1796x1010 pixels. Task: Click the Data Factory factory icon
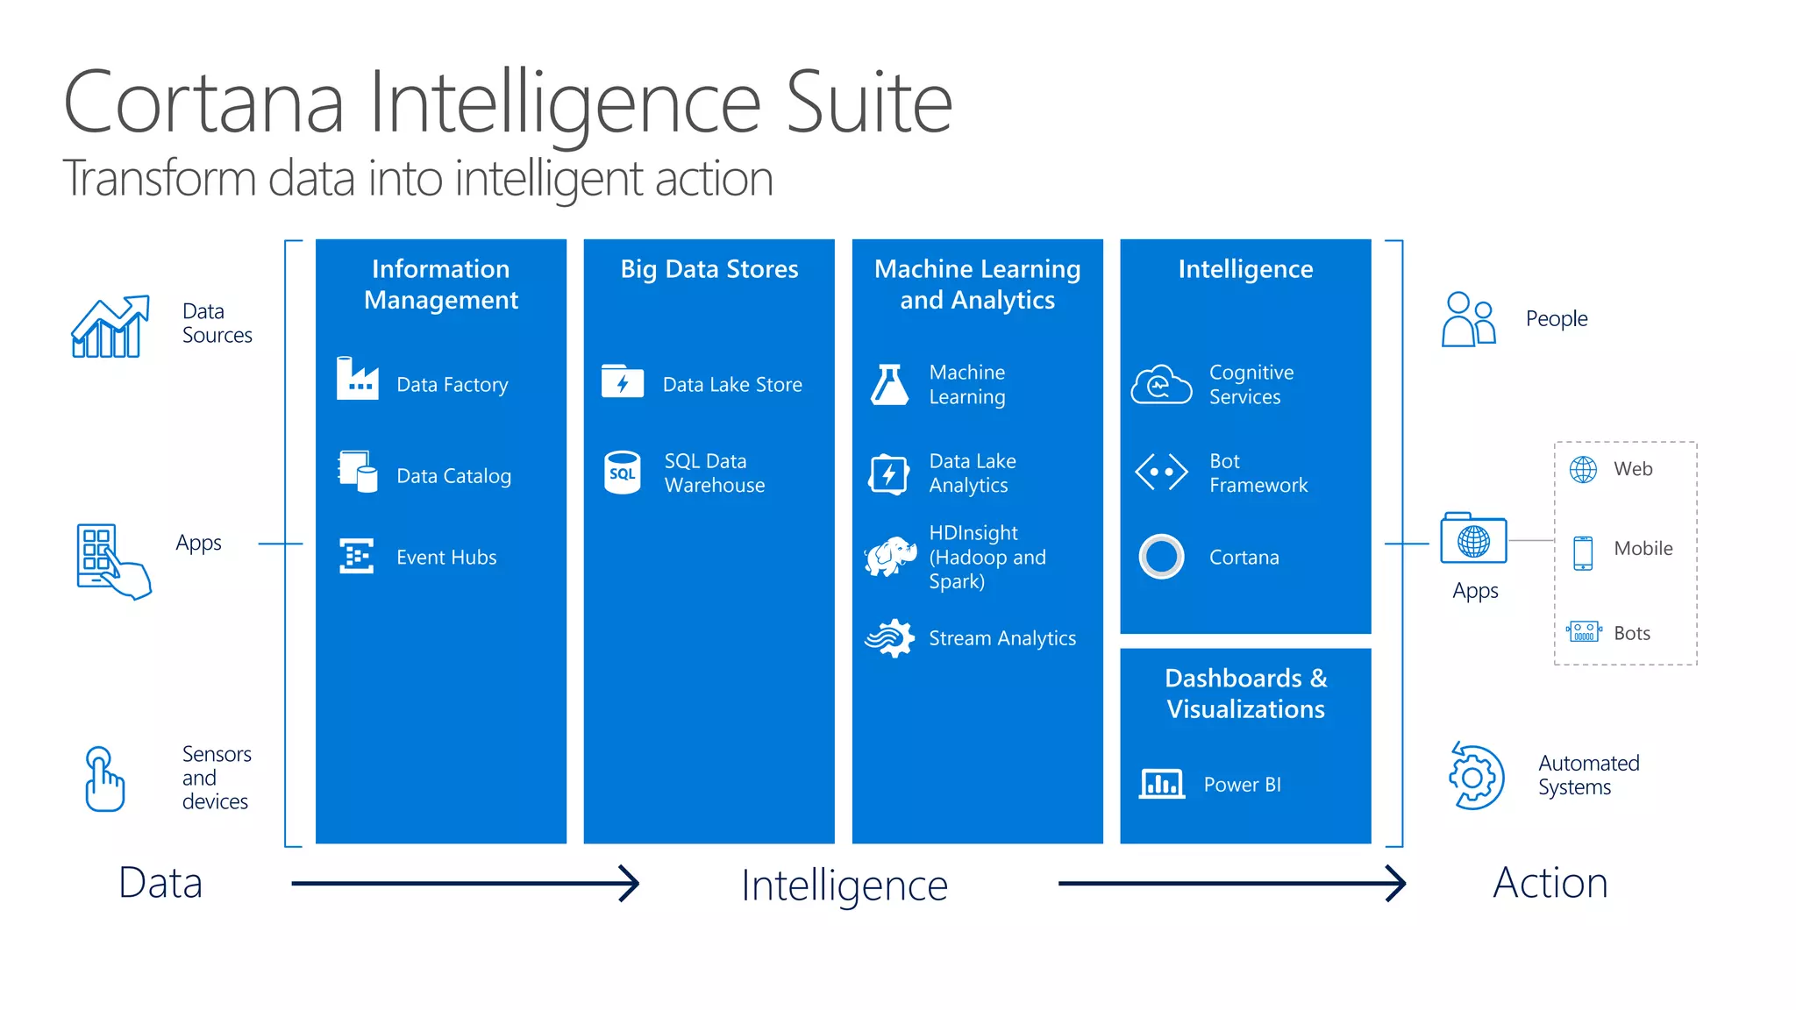click(358, 379)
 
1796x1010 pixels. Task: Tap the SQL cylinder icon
click(623, 473)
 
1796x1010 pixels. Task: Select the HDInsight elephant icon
click(890, 557)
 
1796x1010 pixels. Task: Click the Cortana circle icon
click(1161, 557)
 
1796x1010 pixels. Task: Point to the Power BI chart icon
click(1161, 783)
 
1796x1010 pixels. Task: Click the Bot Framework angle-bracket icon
click(1161, 472)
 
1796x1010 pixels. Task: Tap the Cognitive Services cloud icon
click(1161, 384)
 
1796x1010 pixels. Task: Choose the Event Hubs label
click(446, 558)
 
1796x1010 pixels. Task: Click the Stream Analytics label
click(1002, 638)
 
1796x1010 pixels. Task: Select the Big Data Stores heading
click(709, 269)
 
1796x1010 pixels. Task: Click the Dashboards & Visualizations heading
click(1245, 693)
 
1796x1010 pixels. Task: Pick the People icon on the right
click(1468, 319)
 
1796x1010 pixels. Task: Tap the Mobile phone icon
click(1583, 552)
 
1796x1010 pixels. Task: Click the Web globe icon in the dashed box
click(1583, 470)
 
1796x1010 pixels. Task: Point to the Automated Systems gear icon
click(1477, 777)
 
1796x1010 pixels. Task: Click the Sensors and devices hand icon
click(104, 779)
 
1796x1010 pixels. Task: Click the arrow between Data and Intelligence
click(465, 883)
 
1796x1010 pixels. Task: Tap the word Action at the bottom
click(1550, 883)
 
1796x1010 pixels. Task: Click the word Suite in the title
click(868, 103)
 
